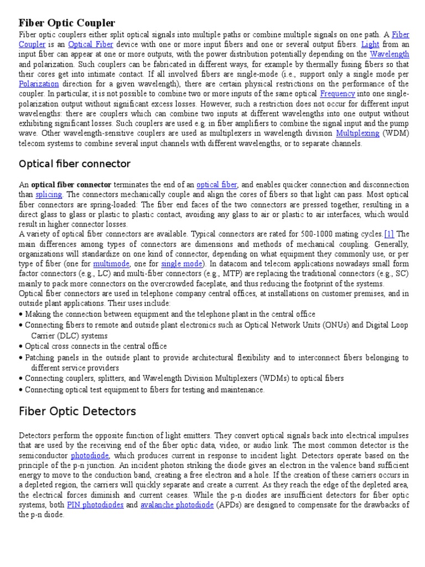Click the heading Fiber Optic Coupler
tap(67, 23)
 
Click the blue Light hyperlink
tap(371, 44)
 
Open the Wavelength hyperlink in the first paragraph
tap(390, 54)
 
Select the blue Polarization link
tap(39, 84)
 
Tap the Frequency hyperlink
tap(337, 94)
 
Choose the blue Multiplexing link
tap(357, 133)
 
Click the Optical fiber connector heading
tap(75, 164)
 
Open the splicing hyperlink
tap(49, 194)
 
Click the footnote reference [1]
tap(389, 234)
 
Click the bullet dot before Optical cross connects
tap(20, 347)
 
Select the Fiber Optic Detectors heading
tap(77, 411)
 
